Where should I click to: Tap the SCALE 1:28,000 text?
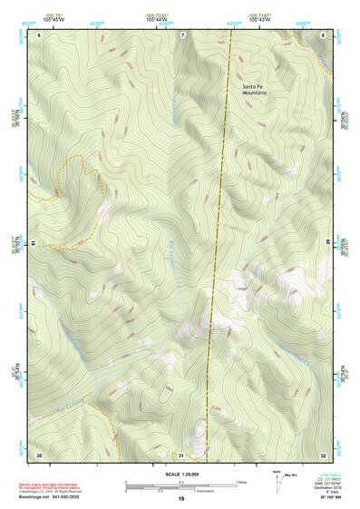pos(181,473)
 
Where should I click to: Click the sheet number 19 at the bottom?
pos(180,499)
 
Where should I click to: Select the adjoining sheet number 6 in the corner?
pos(39,34)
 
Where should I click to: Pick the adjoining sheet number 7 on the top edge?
pos(181,34)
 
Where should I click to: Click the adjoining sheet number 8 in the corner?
pos(322,34)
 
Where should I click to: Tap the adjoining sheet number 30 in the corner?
pos(39,453)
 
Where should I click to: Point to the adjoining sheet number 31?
pos(181,453)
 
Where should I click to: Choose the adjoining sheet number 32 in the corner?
pos(322,453)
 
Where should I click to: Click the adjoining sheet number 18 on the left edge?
pos(33,243)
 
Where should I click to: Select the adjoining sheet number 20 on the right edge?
pos(328,243)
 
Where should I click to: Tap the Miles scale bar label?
pos(240,481)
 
